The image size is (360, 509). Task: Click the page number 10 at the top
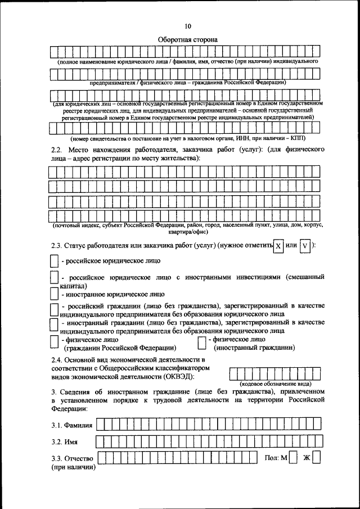187,25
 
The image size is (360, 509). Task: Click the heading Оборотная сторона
187,40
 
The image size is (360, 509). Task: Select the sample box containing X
277,246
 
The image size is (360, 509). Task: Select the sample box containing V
304,246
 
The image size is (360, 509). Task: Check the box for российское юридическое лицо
53,261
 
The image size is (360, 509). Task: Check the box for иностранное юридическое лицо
53,294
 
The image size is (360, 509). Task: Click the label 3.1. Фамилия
71,424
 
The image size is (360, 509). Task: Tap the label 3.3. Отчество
71,458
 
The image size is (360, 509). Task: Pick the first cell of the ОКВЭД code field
235,373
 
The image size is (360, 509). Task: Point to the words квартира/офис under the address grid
187,232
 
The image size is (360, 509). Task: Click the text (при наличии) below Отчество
73,467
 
